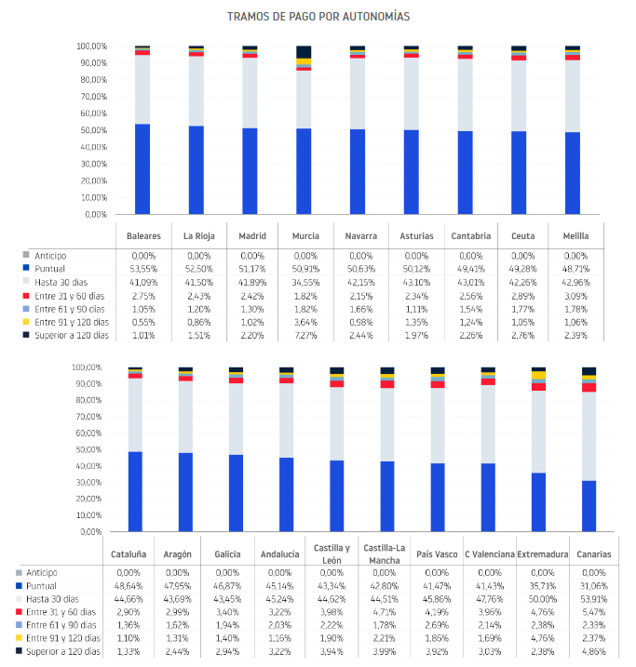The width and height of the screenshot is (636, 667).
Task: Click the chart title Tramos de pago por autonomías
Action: [x=318, y=17]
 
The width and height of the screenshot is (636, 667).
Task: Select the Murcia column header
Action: [x=305, y=236]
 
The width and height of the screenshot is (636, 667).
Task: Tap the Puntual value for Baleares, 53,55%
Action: [x=143, y=269]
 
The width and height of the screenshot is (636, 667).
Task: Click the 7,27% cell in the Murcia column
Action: [x=305, y=335]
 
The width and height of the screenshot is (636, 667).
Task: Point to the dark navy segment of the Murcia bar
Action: [x=304, y=52]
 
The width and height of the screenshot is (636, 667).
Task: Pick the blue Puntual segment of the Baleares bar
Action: [x=142, y=169]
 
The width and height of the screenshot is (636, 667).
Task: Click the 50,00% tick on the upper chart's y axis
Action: [x=91, y=130]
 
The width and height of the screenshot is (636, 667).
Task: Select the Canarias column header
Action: [x=593, y=554]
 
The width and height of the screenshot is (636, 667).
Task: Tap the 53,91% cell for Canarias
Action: [x=593, y=599]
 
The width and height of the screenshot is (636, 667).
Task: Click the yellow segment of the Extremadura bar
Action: [x=538, y=375]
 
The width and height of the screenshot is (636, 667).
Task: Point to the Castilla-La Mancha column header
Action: [x=384, y=554]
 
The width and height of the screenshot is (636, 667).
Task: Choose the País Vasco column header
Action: [x=437, y=554]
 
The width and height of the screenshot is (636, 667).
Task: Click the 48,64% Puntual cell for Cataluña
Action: [x=129, y=586]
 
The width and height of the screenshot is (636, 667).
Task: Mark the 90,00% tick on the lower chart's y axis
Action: [x=87, y=383]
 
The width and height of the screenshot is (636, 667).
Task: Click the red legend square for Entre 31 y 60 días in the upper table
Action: [x=26, y=296]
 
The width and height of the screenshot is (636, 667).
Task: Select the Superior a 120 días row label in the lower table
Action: [x=63, y=651]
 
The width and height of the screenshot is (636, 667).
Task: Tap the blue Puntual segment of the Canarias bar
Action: [x=589, y=506]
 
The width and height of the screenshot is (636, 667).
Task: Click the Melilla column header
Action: [x=575, y=236]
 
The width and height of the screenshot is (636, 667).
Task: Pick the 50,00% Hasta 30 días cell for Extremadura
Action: [x=542, y=599]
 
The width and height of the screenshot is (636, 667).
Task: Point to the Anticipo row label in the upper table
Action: [x=50, y=256]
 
